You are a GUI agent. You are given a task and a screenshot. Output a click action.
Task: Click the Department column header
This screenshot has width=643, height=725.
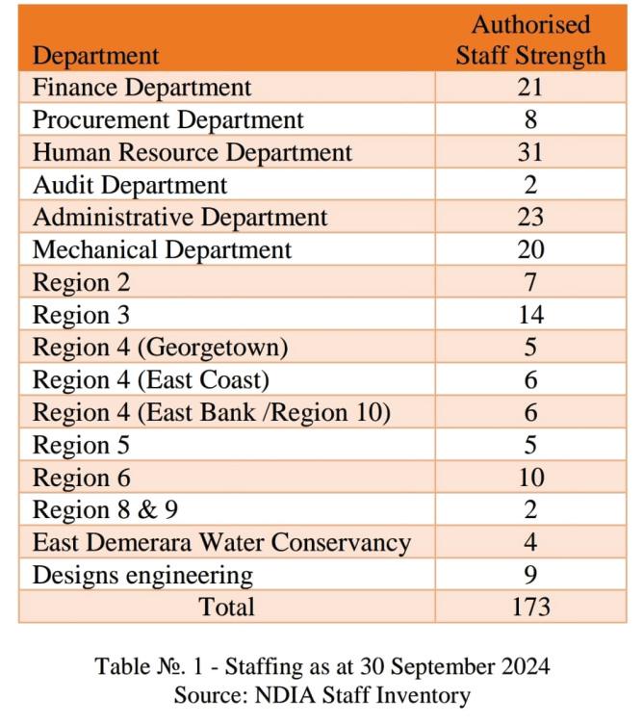click(95, 55)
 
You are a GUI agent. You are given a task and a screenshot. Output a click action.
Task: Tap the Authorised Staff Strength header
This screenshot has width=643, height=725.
click(530, 39)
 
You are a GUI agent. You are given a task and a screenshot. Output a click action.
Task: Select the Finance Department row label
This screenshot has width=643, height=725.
click(141, 88)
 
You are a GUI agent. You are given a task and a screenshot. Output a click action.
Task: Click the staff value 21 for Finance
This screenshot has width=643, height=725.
click(530, 88)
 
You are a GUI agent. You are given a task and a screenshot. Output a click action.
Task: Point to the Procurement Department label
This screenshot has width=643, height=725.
click(167, 120)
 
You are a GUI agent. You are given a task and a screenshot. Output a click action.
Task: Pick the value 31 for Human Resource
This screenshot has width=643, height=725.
click(530, 152)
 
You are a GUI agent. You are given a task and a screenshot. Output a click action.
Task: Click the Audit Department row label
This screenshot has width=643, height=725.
click(130, 185)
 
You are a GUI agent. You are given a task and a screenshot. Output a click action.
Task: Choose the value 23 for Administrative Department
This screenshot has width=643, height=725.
click(530, 218)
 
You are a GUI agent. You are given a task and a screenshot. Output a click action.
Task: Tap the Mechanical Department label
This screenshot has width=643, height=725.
click(162, 250)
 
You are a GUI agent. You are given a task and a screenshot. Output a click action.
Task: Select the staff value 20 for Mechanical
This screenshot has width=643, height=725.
click(530, 250)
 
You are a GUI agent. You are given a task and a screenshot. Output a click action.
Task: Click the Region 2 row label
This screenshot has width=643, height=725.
click(81, 283)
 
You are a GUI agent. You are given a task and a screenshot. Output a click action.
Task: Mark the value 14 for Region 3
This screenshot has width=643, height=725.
click(530, 315)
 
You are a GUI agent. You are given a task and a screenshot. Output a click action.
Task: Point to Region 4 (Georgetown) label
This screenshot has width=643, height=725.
click(160, 348)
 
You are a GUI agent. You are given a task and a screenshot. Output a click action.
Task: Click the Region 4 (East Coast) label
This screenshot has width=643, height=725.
click(150, 380)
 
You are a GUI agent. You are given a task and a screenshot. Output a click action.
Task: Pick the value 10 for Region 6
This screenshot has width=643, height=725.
click(530, 478)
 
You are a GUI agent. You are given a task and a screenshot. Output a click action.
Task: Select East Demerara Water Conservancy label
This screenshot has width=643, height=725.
click(221, 543)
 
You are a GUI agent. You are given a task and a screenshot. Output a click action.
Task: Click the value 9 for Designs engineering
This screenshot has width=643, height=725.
click(530, 576)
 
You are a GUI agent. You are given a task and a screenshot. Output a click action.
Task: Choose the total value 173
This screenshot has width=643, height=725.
click(530, 607)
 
